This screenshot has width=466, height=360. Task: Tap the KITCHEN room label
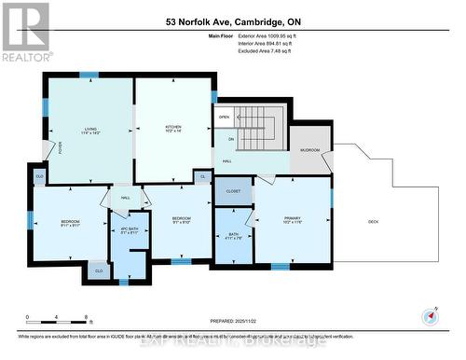click(x=172, y=128)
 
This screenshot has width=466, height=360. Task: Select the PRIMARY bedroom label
click(x=293, y=218)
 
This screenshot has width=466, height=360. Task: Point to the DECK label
click(x=373, y=220)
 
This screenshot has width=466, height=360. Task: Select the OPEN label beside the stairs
click(x=225, y=118)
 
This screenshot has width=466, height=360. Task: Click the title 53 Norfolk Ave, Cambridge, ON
click(x=232, y=21)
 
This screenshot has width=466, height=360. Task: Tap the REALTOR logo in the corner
click(x=25, y=31)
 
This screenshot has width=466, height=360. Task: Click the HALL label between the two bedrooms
click(x=125, y=198)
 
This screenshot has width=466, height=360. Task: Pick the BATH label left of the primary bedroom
click(x=232, y=235)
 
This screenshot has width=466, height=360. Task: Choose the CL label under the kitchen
click(x=201, y=174)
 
